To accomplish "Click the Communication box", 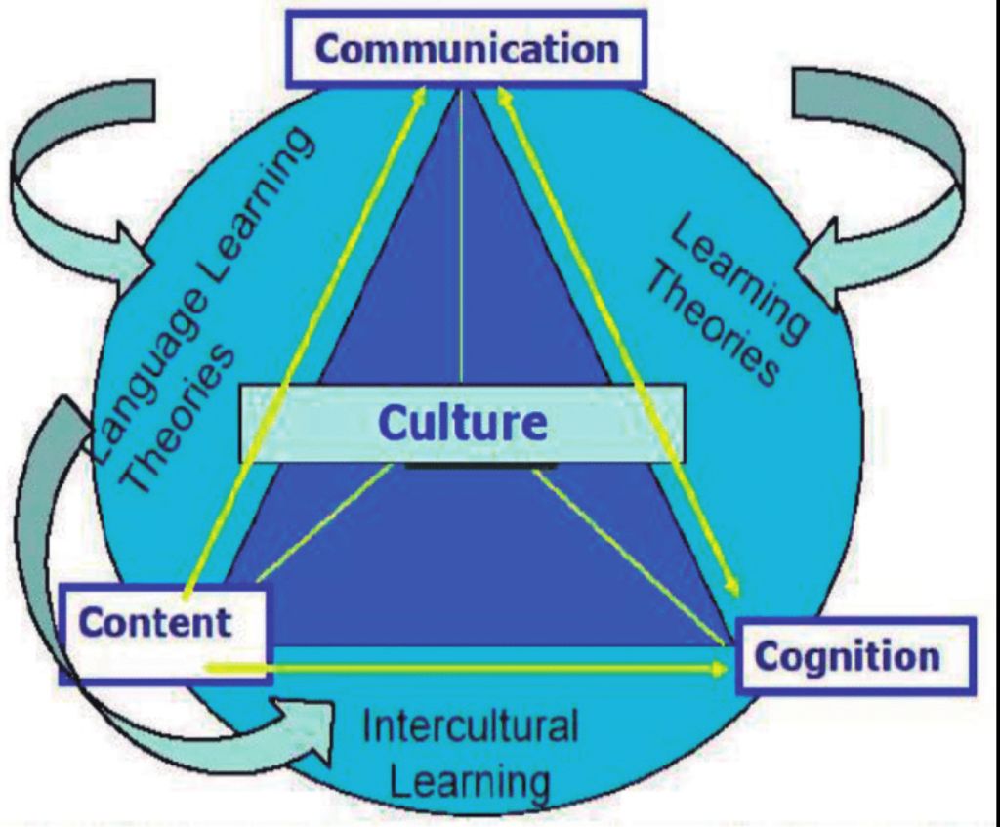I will click(x=466, y=49).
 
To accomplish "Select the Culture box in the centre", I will click(x=462, y=424).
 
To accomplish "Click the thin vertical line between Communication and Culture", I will click(x=460, y=244).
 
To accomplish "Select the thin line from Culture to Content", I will click(x=322, y=522).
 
